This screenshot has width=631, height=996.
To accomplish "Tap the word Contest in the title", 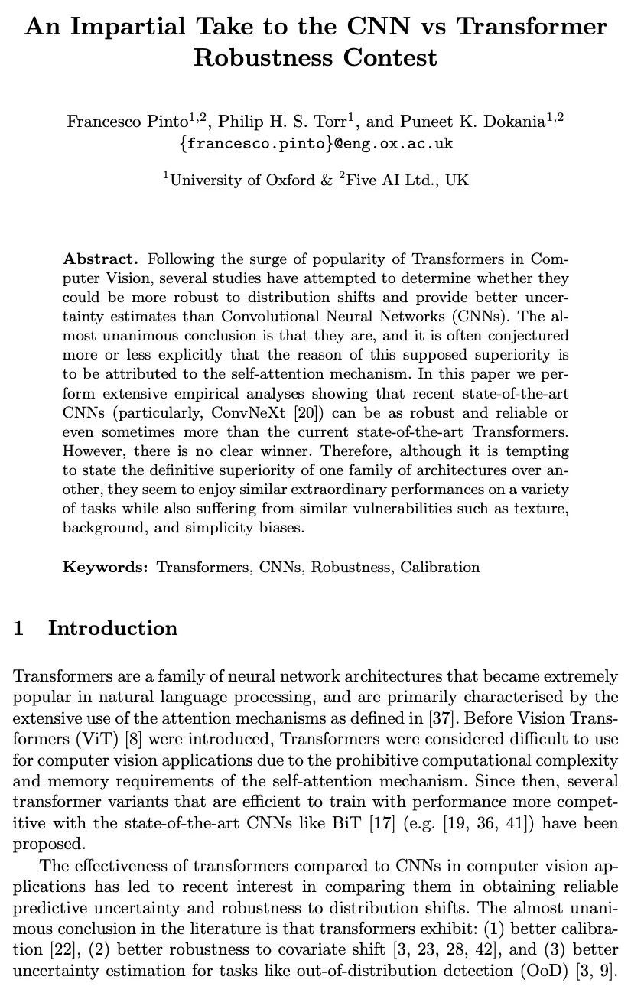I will (x=390, y=57).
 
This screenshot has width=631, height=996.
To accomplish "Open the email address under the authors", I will (x=315, y=143).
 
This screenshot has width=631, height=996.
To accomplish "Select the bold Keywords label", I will (x=106, y=567).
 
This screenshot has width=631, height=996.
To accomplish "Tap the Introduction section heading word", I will (x=112, y=629).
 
